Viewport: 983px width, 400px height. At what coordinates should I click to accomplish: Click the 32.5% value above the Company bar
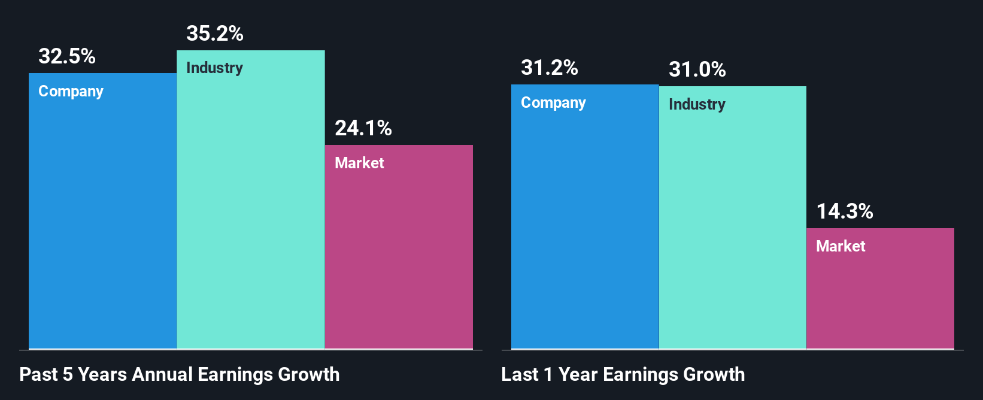67,56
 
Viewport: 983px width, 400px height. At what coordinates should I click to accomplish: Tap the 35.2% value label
215,34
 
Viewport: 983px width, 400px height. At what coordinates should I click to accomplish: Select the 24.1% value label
363,128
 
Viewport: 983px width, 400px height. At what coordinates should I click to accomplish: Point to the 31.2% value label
550,68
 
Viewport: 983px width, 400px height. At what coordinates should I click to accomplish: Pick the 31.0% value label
697,69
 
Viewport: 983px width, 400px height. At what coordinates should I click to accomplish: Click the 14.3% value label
845,211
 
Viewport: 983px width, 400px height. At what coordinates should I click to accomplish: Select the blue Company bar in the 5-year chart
102,228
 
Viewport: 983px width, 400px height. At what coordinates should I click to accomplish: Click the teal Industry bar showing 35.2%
251,216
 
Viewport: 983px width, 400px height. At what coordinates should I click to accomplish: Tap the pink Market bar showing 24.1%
399,257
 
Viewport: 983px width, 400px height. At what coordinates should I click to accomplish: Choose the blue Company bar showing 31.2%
585,234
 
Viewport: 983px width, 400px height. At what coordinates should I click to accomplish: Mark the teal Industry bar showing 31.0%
733,234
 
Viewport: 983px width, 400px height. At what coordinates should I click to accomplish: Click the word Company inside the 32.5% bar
71,92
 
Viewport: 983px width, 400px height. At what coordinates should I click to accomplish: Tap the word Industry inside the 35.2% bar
214,68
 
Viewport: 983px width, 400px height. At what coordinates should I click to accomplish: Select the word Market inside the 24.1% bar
359,163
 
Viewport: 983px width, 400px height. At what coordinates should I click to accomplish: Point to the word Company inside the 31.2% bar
553,103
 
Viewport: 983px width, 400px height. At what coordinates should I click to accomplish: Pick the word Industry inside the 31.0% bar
697,104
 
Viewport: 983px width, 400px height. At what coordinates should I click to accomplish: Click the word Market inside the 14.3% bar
841,246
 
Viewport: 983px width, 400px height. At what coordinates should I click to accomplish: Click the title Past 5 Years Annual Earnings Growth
180,375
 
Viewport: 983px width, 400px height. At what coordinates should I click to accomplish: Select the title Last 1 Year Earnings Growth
623,375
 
